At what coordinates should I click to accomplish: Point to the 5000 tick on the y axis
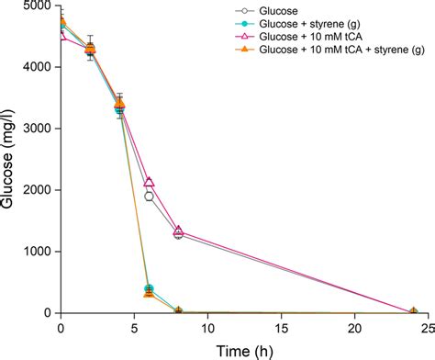click(37, 6)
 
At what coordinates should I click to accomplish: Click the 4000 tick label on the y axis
click(37, 67)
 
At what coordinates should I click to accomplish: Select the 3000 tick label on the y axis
click(37, 129)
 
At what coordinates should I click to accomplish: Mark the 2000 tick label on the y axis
click(37, 190)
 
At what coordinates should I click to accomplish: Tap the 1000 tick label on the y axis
click(37, 252)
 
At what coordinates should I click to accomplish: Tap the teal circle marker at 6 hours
click(149, 288)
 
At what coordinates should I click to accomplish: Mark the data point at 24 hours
click(413, 312)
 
